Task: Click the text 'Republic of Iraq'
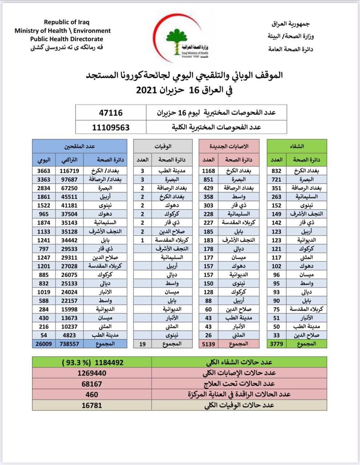coord(67,22)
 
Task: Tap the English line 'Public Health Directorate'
coord(67,39)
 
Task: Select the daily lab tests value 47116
coord(111,113)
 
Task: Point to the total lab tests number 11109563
coord(111,127)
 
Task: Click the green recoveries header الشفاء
coord(297,146)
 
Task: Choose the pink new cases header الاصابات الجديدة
coord(229,146)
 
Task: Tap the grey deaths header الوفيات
coord(163,146)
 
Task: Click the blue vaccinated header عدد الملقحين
coord(80,146)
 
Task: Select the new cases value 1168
coord(209,171)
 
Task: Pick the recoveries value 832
coord(276,171)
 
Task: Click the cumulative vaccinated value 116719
coord(69,171)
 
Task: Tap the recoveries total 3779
coord(276,344)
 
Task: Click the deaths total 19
coord(143,344)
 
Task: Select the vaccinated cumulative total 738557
coord(69,344)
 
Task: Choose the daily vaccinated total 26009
coord(44,344)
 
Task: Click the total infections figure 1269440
coord(92,373)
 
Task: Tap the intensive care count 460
coord(92,394)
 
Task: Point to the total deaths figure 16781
coord(92,405)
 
